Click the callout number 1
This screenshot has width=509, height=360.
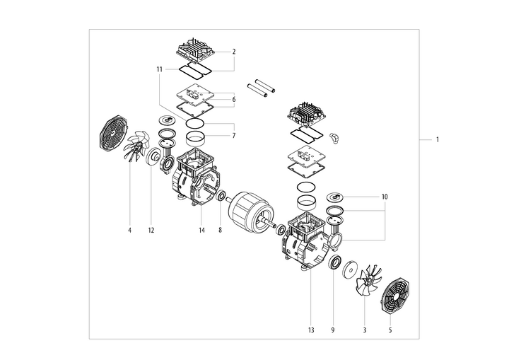pyautogui.click(x=438, y=140)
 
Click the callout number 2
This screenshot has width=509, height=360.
pyautogui.click(x=233, y=52)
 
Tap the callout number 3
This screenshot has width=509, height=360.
pyautogui.click(x=364, y=329)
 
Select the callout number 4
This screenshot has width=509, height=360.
pyautogui.click(x=129, y=230)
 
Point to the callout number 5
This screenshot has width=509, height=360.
pyautogui.click(x=390, y=329)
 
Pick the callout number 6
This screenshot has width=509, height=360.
pyautogui.click(x=233, y=100)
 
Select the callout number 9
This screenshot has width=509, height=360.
pyautogui.click(x=334, y=329)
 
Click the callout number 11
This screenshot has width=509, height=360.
pyautogui.click(x=160, y=69)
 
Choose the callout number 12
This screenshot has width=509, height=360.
pyautogui.click(x=151, y=230)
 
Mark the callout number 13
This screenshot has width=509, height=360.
pyautogui.click(x=310, y=329)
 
